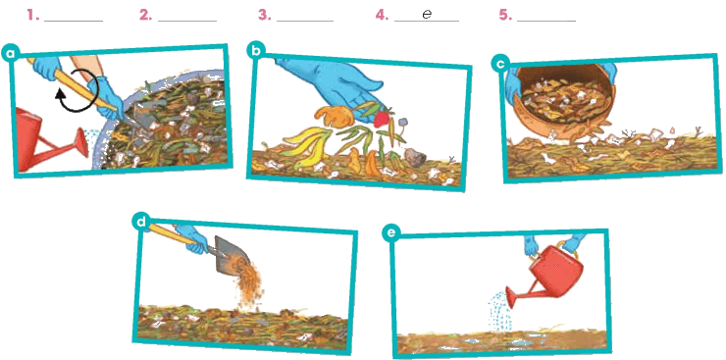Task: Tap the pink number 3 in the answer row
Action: pos(264,16)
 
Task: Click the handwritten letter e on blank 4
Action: pos(427,15)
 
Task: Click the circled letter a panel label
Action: pos(10,53)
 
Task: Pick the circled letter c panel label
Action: pos(500,65)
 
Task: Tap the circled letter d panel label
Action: pos(141,221)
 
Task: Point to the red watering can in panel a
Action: pos(44,139)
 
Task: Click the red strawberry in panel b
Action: pos(381,119)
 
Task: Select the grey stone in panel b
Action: pos(415,157)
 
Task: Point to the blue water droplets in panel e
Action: pos(499,311)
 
